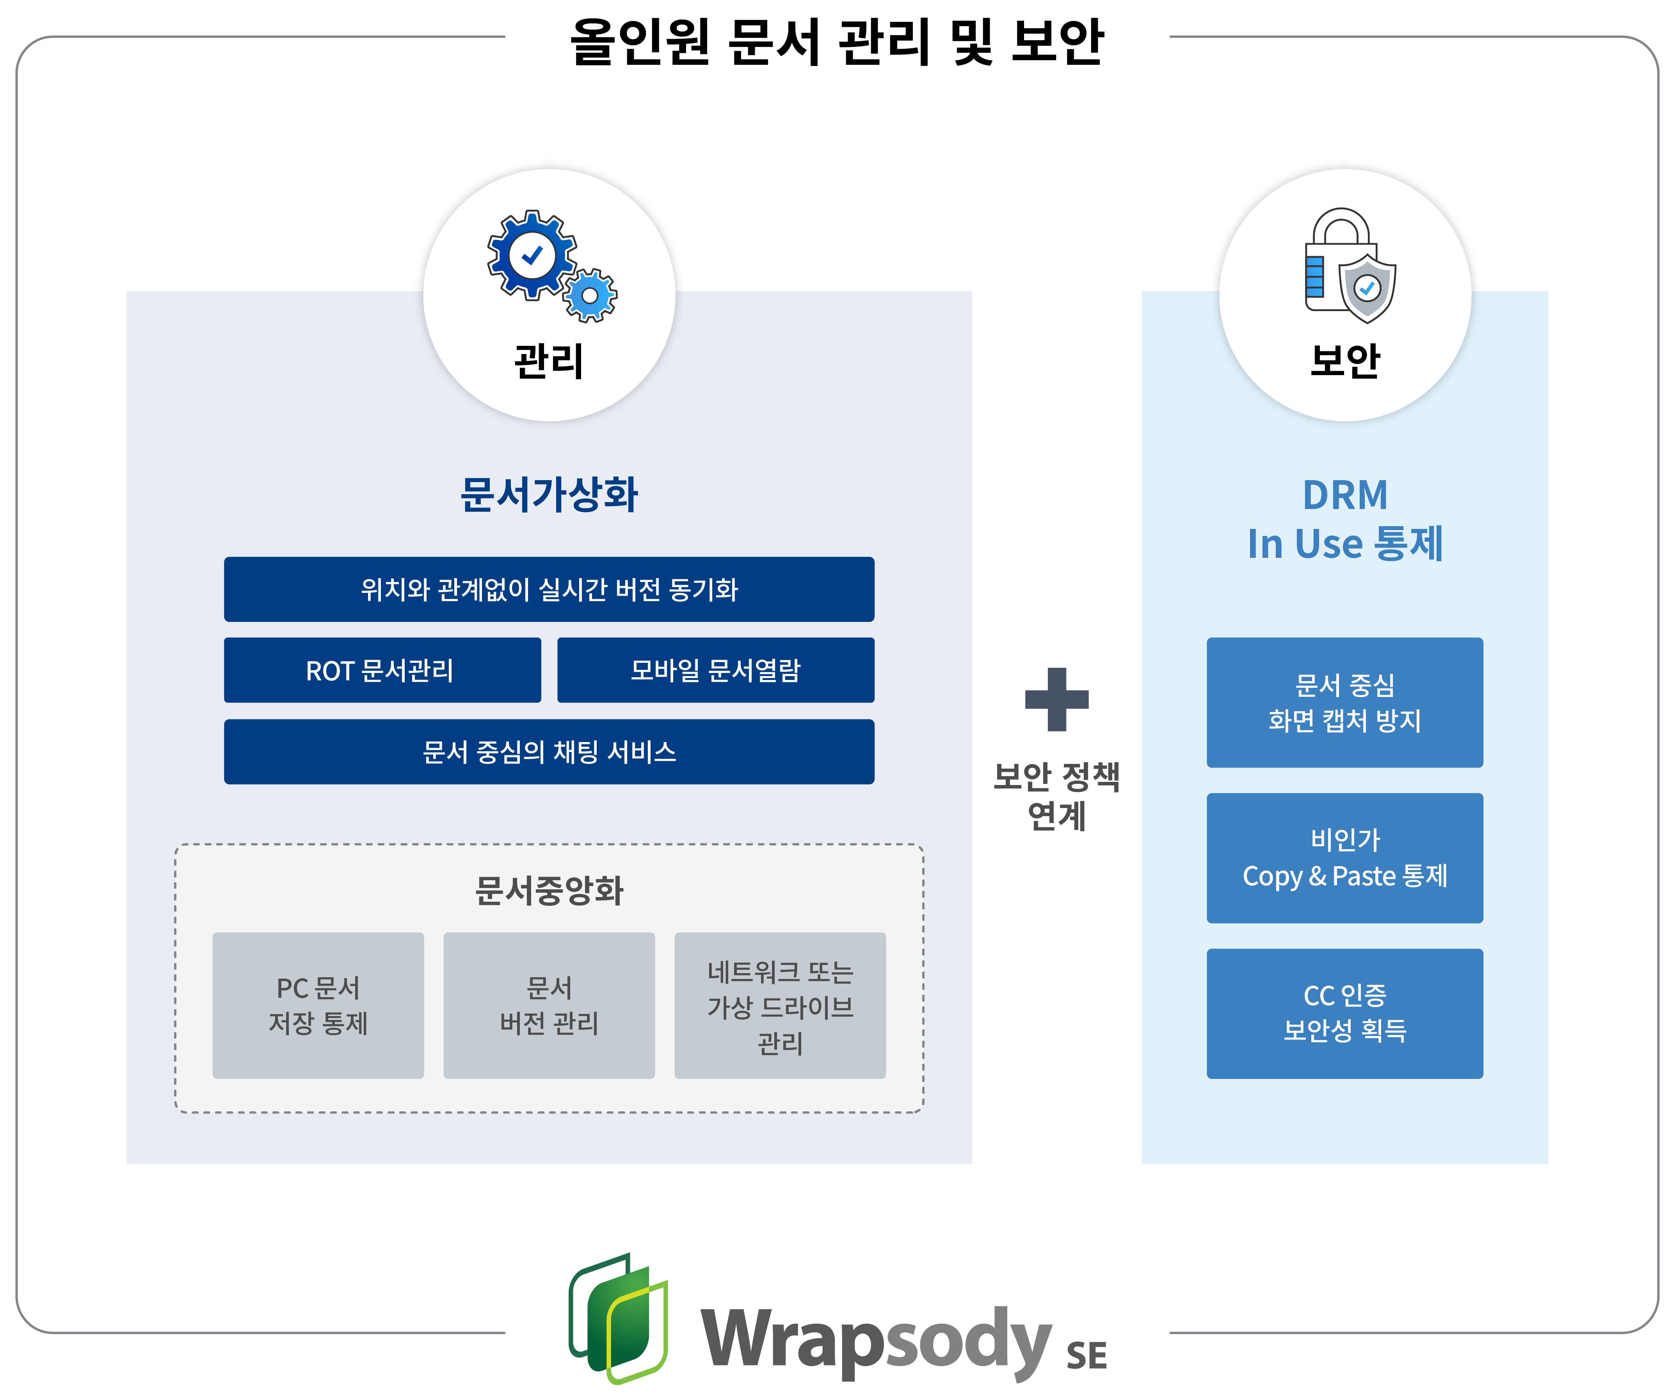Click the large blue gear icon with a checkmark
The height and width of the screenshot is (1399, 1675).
click(531, 255)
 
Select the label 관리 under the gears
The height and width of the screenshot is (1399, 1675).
click(549, 361)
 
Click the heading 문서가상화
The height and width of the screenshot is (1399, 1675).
click(549, 495)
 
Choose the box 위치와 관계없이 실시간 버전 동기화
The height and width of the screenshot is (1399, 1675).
click(549, 589)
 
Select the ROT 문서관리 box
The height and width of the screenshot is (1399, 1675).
click(382, 670)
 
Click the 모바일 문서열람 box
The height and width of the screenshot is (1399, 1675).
click(715, 670)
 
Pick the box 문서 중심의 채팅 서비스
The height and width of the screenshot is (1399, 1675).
click(549, 751)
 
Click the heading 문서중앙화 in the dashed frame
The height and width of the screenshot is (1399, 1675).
click(549, 890)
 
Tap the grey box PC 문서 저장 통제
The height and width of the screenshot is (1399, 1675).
click(318, 1005)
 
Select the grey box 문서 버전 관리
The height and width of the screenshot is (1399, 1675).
click(549, 1005)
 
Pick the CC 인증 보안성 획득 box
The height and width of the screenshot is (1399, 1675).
click(1345, 1013)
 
